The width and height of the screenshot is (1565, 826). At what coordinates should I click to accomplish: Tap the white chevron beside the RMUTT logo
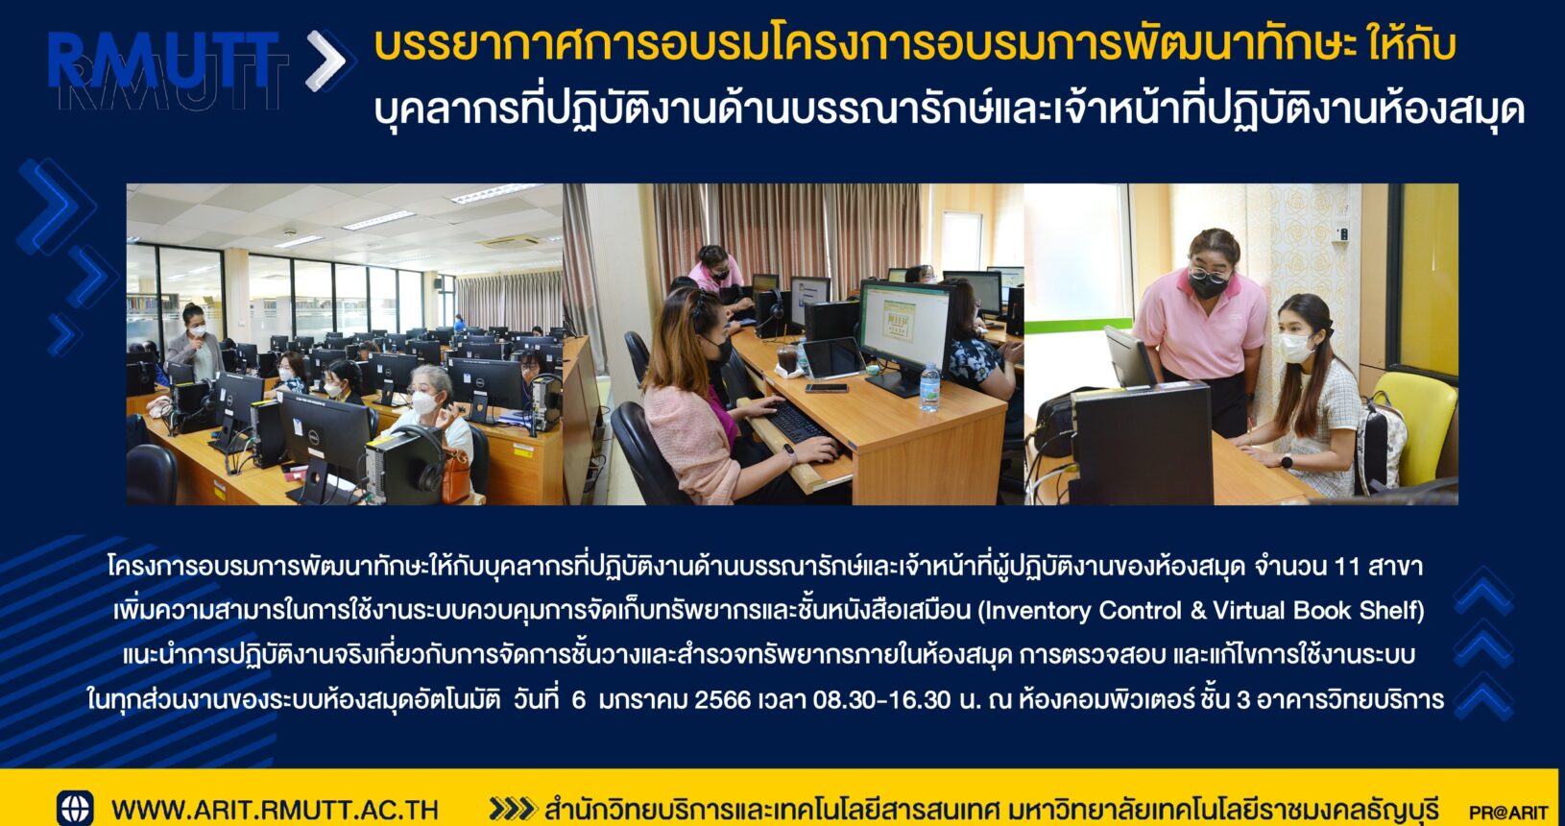(326, 61)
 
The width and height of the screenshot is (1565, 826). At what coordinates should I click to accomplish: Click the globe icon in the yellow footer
(75, 808)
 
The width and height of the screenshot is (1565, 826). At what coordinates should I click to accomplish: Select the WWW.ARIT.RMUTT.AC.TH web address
(275, 810)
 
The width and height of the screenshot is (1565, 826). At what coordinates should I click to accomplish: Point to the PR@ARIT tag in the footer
(1508, 813)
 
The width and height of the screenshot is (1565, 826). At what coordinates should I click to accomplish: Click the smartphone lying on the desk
(826, 388)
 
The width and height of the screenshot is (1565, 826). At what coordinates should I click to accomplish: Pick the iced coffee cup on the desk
(786, 359)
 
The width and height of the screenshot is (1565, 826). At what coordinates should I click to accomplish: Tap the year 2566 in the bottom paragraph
(722, 699)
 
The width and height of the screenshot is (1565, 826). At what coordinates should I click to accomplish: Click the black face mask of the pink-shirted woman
(1207, 285)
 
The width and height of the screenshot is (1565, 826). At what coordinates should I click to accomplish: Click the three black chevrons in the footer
(512, 810)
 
